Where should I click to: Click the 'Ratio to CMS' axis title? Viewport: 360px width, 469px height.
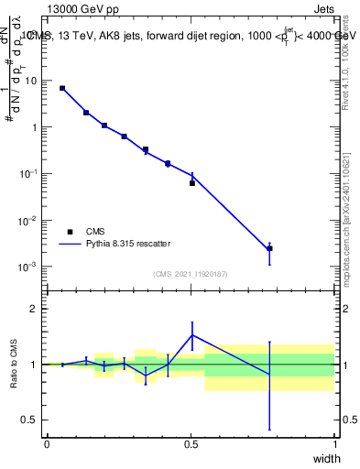coord(14,365)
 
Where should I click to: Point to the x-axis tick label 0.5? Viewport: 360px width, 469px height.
coord(191,443)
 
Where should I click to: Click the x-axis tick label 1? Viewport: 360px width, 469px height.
coord(335,443)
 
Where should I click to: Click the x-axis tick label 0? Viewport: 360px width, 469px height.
coord(47,443)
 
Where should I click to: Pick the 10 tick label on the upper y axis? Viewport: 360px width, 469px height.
coord(32,81)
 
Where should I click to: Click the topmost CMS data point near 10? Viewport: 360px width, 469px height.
coord(62,88)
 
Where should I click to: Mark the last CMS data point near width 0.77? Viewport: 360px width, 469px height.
coord(269,248)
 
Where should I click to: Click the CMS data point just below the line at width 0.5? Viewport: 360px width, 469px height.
coord(192,183)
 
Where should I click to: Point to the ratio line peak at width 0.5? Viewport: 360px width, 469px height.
coord(192,334)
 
